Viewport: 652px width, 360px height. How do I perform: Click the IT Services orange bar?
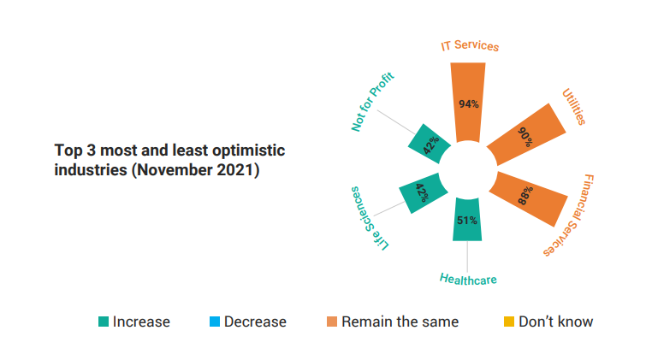tap(468, 103)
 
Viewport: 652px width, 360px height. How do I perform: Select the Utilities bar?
tap(527, 134)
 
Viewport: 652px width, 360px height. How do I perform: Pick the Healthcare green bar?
tap(467, 219)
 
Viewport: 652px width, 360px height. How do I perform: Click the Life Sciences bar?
tap(423, 193)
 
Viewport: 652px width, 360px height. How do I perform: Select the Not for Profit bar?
tap(430, 144)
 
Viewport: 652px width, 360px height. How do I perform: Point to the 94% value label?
tap(469, 104)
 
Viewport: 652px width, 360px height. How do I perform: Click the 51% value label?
tap(467, 221)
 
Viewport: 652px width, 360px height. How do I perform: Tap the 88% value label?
tap(525, 195)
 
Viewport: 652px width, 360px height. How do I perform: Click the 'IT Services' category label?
tap(470, 45)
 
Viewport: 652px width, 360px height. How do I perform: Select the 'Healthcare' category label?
tap(468, 280)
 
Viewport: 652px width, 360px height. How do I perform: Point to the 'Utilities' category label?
tap(574, 106)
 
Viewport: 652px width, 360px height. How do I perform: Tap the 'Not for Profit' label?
tap(372, 102)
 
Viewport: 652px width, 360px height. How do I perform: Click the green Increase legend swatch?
tap(104, 322)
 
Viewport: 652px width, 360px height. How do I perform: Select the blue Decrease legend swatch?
tap(215, 322)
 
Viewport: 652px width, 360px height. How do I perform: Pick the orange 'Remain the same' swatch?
tap(332, 322)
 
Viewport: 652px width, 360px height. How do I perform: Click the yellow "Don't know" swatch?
tap(509, 322)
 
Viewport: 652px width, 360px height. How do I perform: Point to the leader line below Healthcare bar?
tap(467, 257)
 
